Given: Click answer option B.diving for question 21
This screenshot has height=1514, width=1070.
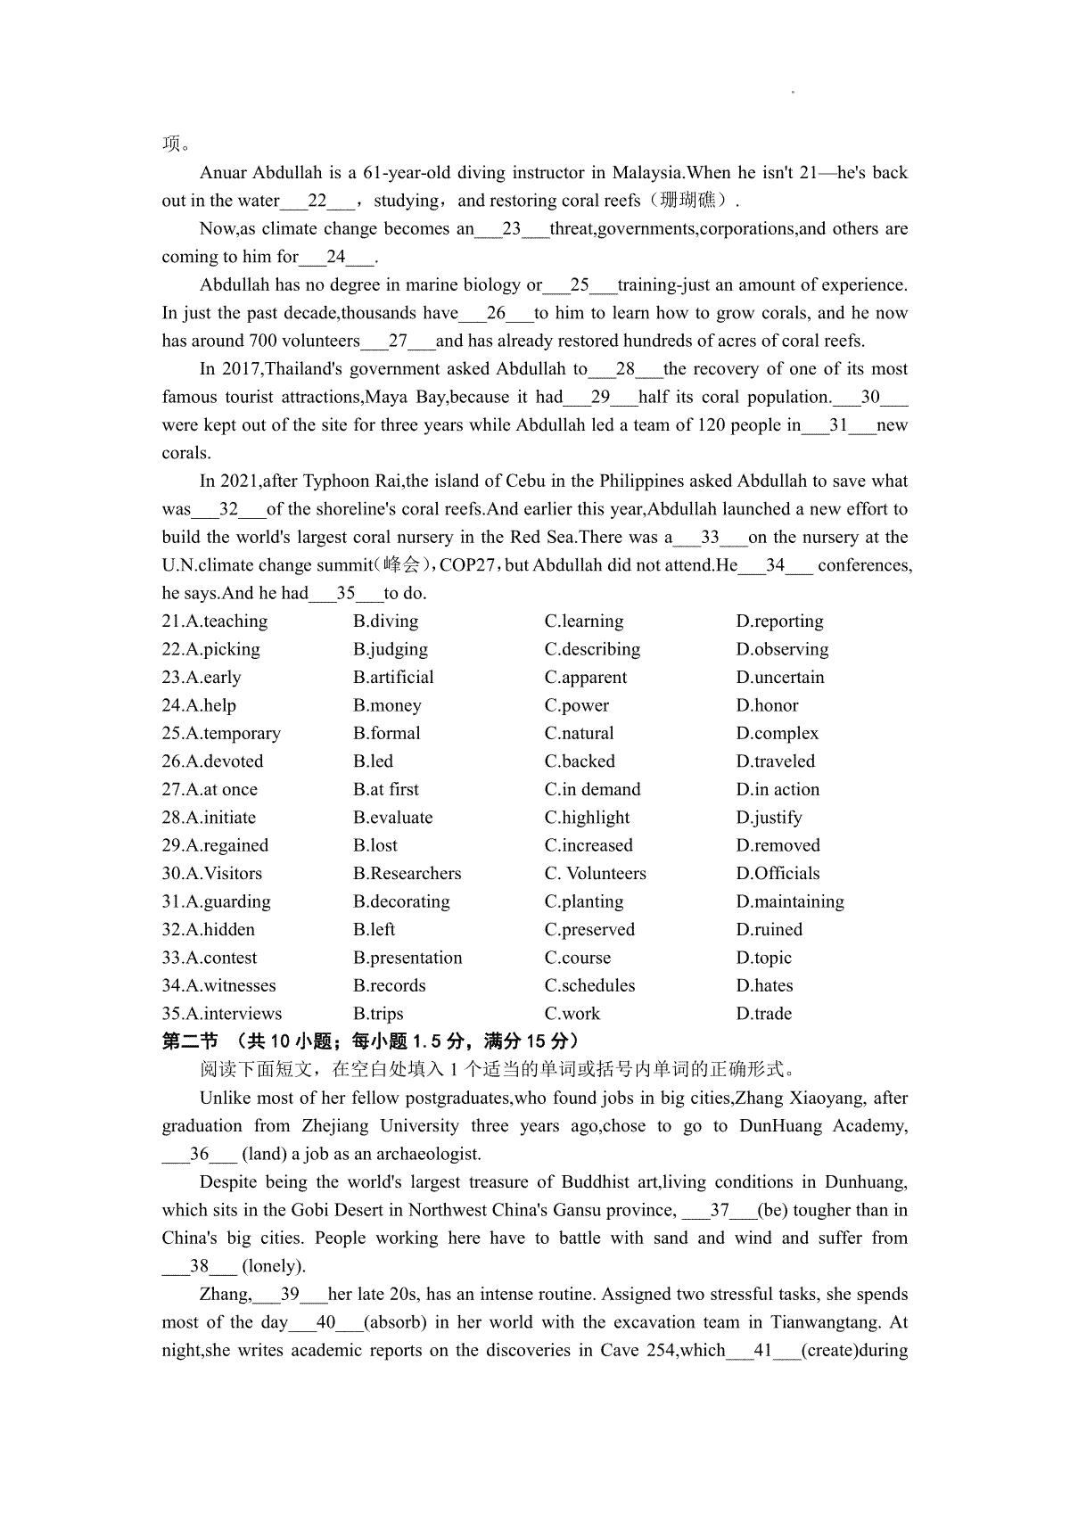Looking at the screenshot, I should (x=385, y=621).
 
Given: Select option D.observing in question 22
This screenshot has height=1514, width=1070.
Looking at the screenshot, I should (x=782, y=649).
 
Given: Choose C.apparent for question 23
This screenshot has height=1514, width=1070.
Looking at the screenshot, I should (x=585, y=678).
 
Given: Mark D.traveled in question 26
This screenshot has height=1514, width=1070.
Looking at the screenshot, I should (x=775, y=761).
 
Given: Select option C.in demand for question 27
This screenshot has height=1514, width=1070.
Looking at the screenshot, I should (x=592, y=790).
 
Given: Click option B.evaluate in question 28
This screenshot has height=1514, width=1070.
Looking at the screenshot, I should (x=392, y=818).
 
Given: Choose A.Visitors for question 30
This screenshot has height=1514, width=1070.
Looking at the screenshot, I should (x=212, y=874).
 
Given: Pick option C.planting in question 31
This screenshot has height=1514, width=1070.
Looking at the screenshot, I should (x=584, y=901).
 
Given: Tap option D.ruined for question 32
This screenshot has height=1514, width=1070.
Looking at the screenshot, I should (x=769, y=930).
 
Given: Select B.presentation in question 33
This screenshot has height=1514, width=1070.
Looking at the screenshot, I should (x=407, y=958).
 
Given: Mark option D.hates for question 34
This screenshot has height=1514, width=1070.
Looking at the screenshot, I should (x=764, y=986).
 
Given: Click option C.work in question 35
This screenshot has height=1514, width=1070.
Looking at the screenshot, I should (x=572, y=1014).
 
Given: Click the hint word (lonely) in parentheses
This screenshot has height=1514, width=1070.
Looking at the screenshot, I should (x=274, y=1266).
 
